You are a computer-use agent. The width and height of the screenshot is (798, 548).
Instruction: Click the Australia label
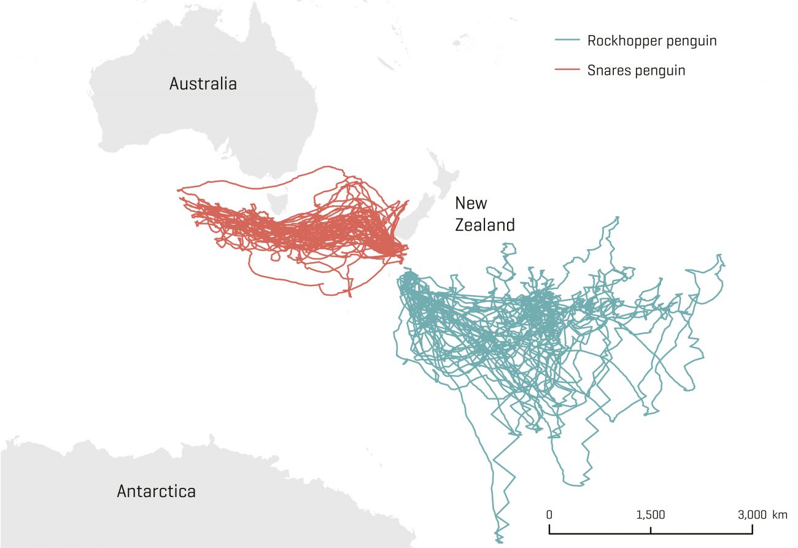point(203,84)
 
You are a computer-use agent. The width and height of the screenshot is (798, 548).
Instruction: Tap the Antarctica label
point(156,491)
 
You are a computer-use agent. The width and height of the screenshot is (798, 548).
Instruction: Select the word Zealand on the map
point(484,225)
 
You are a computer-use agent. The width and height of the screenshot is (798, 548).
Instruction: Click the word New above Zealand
point(471,203)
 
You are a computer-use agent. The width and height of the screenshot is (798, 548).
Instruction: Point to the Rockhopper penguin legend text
point(652,41)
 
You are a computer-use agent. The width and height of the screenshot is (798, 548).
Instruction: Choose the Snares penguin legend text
point(636,70)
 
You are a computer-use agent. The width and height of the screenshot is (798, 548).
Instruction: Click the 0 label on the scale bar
point(549,514)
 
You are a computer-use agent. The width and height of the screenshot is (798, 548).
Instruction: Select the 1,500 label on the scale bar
point(651,514)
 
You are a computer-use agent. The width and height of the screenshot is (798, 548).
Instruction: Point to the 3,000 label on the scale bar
point(752,514)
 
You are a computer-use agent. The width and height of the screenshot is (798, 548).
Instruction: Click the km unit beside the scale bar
point(780,514)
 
